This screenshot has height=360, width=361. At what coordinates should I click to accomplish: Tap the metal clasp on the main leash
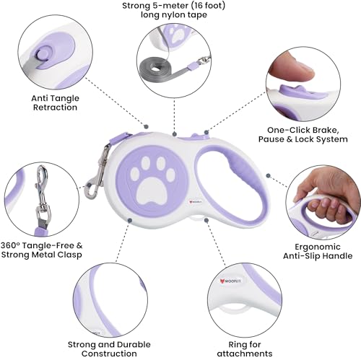click(97, 172)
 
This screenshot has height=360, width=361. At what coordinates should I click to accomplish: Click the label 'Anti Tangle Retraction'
click(55, 102)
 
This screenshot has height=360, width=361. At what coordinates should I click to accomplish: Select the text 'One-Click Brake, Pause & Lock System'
click(303, 135)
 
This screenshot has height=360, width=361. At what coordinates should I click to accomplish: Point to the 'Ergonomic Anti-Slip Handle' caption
click(318, 251)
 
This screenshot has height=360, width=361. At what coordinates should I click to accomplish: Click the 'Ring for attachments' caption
click(245, 349)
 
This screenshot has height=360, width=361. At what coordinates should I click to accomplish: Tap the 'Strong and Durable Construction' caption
click(109, 349)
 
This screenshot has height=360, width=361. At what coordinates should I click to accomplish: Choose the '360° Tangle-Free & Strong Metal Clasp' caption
click(41, 250)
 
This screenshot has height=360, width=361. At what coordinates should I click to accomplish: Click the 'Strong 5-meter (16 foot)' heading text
click(173, 6)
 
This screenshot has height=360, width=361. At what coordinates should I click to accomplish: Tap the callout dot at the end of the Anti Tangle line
click(146, 126)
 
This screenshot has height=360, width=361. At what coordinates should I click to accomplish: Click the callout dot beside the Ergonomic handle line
click(268, 175)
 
